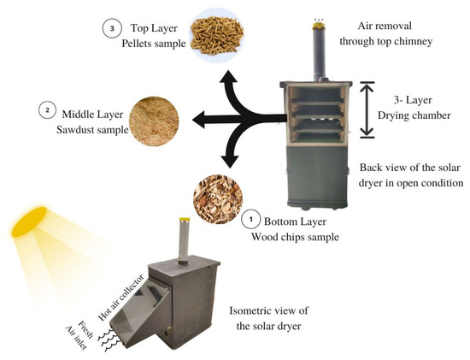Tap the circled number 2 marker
coord(44,111)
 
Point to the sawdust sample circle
coord(155,117)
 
